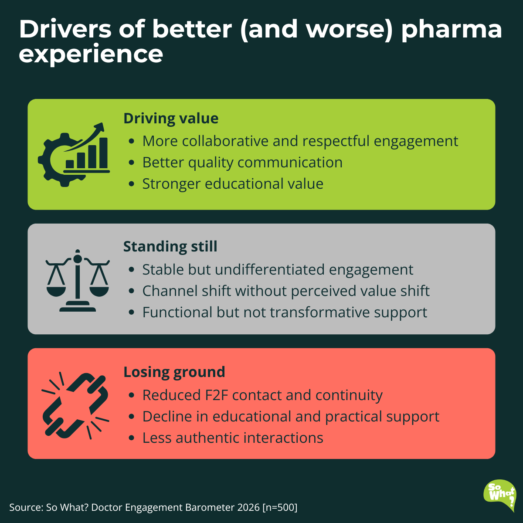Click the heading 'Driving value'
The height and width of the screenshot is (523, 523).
(171, 119)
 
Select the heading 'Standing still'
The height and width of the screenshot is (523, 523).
(170, 247)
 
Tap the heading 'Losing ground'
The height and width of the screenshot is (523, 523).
(174, 372)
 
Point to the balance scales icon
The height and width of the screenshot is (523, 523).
(78, 281)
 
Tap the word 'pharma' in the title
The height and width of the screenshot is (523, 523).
(452, 30)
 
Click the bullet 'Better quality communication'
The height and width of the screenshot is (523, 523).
(242, 163)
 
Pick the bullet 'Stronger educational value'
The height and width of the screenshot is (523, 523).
(233, 184)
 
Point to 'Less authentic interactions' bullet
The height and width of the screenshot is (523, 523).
(233, 438)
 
